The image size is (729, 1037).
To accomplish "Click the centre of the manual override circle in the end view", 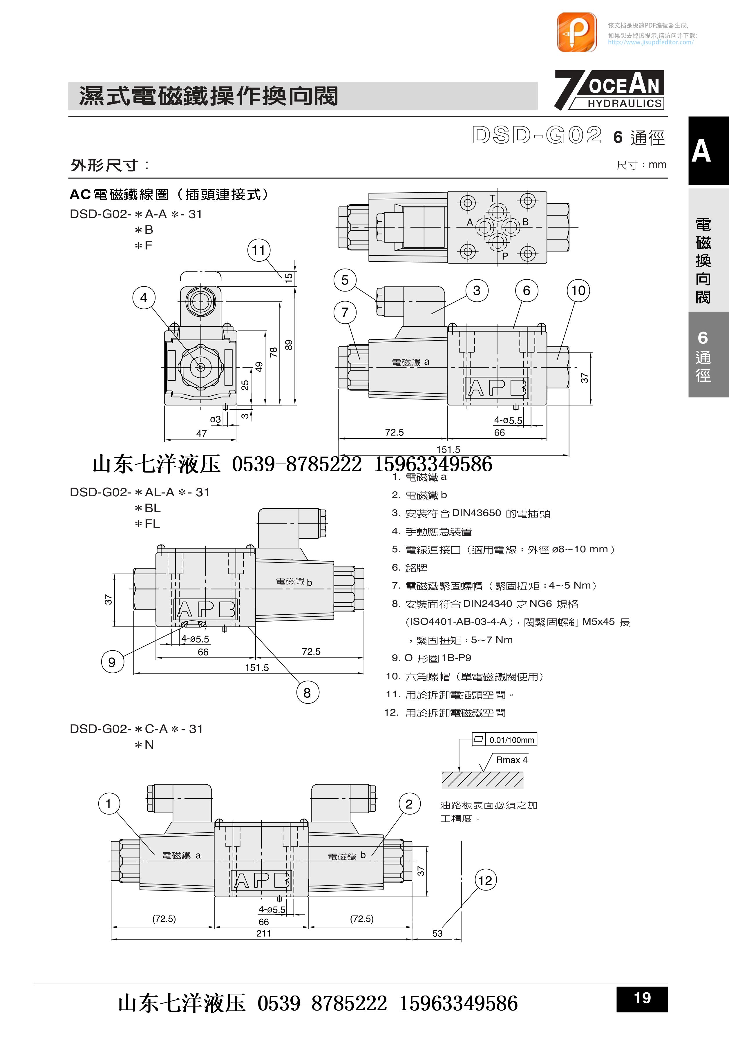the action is [200, 367].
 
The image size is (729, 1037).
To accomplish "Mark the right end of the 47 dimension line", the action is [237, 439].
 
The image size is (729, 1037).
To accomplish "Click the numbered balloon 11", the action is [259, 250].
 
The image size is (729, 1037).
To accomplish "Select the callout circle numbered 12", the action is [485, 880].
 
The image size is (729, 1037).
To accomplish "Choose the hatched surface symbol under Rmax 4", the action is [482, 779].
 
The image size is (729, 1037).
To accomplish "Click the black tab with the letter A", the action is [708, 150].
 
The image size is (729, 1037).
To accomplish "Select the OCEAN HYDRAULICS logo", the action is [609, 90].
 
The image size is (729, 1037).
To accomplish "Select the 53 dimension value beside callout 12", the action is [437, 933].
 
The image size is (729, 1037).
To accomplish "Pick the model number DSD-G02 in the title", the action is [537, 135].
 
